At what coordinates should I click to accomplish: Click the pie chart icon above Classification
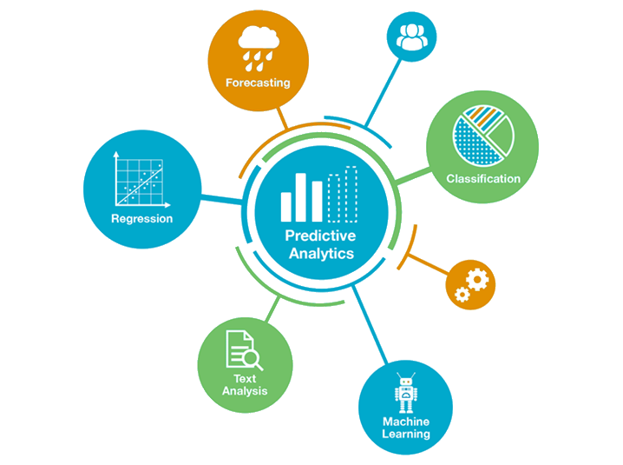pos(482,136)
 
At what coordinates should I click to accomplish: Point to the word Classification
pos(483,179)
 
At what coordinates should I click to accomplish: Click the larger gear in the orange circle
pos(478,279)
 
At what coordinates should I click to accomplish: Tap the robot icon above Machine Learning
pos(405,393)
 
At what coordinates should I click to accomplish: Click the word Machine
pos(406,422)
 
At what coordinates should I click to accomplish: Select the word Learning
pos(406,434)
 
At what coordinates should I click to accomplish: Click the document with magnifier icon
pos(243,349)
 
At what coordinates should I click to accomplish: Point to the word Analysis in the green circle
pos(245,391)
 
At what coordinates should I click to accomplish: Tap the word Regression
pos(141,219)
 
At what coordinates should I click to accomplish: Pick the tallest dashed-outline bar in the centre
pos(350,194)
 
